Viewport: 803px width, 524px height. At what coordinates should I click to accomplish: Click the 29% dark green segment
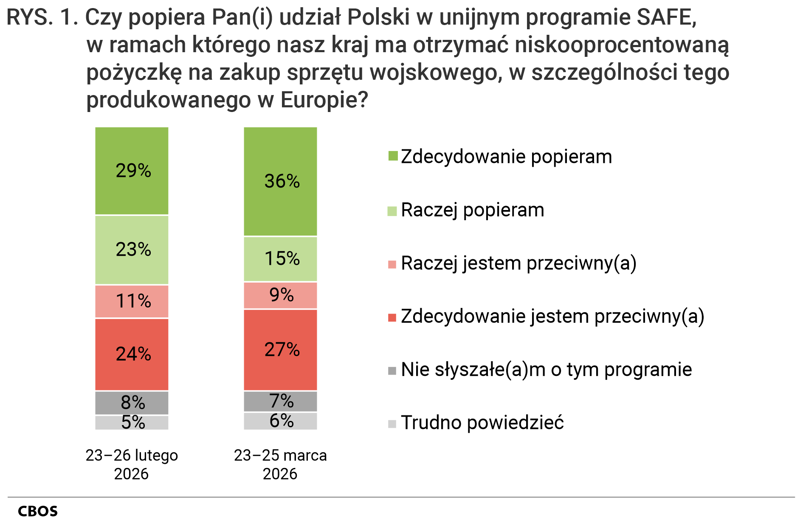point(132,171)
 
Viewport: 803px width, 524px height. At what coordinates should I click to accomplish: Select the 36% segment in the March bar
point(280,181)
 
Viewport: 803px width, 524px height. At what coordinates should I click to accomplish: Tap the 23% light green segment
point(132,249)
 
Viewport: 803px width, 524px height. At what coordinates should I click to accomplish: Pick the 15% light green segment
point(280,259)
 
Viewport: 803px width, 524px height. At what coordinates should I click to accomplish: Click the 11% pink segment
point(132,301)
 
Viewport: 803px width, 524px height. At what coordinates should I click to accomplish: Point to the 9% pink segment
point(280,295)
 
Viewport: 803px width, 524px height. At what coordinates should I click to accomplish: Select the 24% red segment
point(132,354)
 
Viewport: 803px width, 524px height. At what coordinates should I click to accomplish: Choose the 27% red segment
point(280,350)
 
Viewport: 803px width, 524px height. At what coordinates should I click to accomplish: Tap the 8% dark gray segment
point(132,403)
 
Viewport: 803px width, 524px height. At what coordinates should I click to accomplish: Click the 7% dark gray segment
point(280,401)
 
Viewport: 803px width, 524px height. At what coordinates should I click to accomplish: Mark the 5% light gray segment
point(132,423)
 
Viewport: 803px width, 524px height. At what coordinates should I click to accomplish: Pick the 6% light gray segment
point(280,421)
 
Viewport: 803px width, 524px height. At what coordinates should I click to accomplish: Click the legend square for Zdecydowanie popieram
point(393,156)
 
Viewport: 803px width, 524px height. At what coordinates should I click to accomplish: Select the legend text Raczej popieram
point(472,210)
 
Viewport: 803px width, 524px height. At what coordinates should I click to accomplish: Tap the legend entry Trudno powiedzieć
point(482,423)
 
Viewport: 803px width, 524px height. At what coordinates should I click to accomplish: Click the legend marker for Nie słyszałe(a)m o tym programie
point(392,370)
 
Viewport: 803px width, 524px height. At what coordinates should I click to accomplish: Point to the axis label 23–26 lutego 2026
point(132,464)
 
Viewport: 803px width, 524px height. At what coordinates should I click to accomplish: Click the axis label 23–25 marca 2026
point(280,464)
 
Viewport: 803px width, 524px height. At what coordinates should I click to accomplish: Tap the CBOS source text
point(38,511)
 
